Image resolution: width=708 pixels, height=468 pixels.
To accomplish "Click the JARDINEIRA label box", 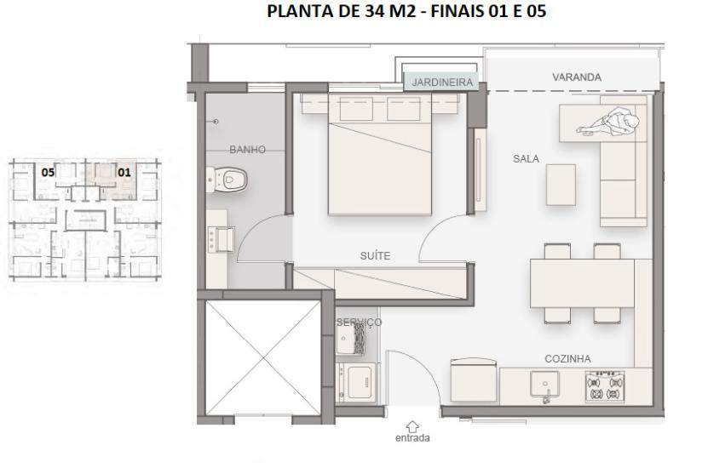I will pyautogui.click(x=442, y=83).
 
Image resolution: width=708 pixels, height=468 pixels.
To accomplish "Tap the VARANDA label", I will pyautogui.click(x=576, y=77).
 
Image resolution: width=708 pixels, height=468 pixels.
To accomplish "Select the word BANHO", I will pyautogui.click(x=247, y=150).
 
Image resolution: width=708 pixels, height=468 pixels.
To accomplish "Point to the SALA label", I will pyautogui.click(x=526, y=158).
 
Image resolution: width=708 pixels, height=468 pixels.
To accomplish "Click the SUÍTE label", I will pyautogui.click(x=375, y=255).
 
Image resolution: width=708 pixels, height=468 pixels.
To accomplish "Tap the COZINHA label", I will pyautogui.click(x=567, y=358).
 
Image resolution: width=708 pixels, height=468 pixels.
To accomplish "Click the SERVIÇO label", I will pyautogui.click(x=359, y=322).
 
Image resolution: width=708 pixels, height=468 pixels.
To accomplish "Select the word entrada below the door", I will pyautogui.click(x=413, y=438).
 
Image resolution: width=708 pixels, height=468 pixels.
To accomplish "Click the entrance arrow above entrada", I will pyautogui.click(x=413, y=425).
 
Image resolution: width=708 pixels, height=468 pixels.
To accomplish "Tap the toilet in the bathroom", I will pyautogui.click(x=229, y=179).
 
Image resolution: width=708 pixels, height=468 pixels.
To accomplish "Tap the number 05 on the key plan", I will pyautogui.click(x=49, y=171).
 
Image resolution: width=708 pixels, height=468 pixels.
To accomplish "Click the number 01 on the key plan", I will pyautogui.click(x=124, y=171).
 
